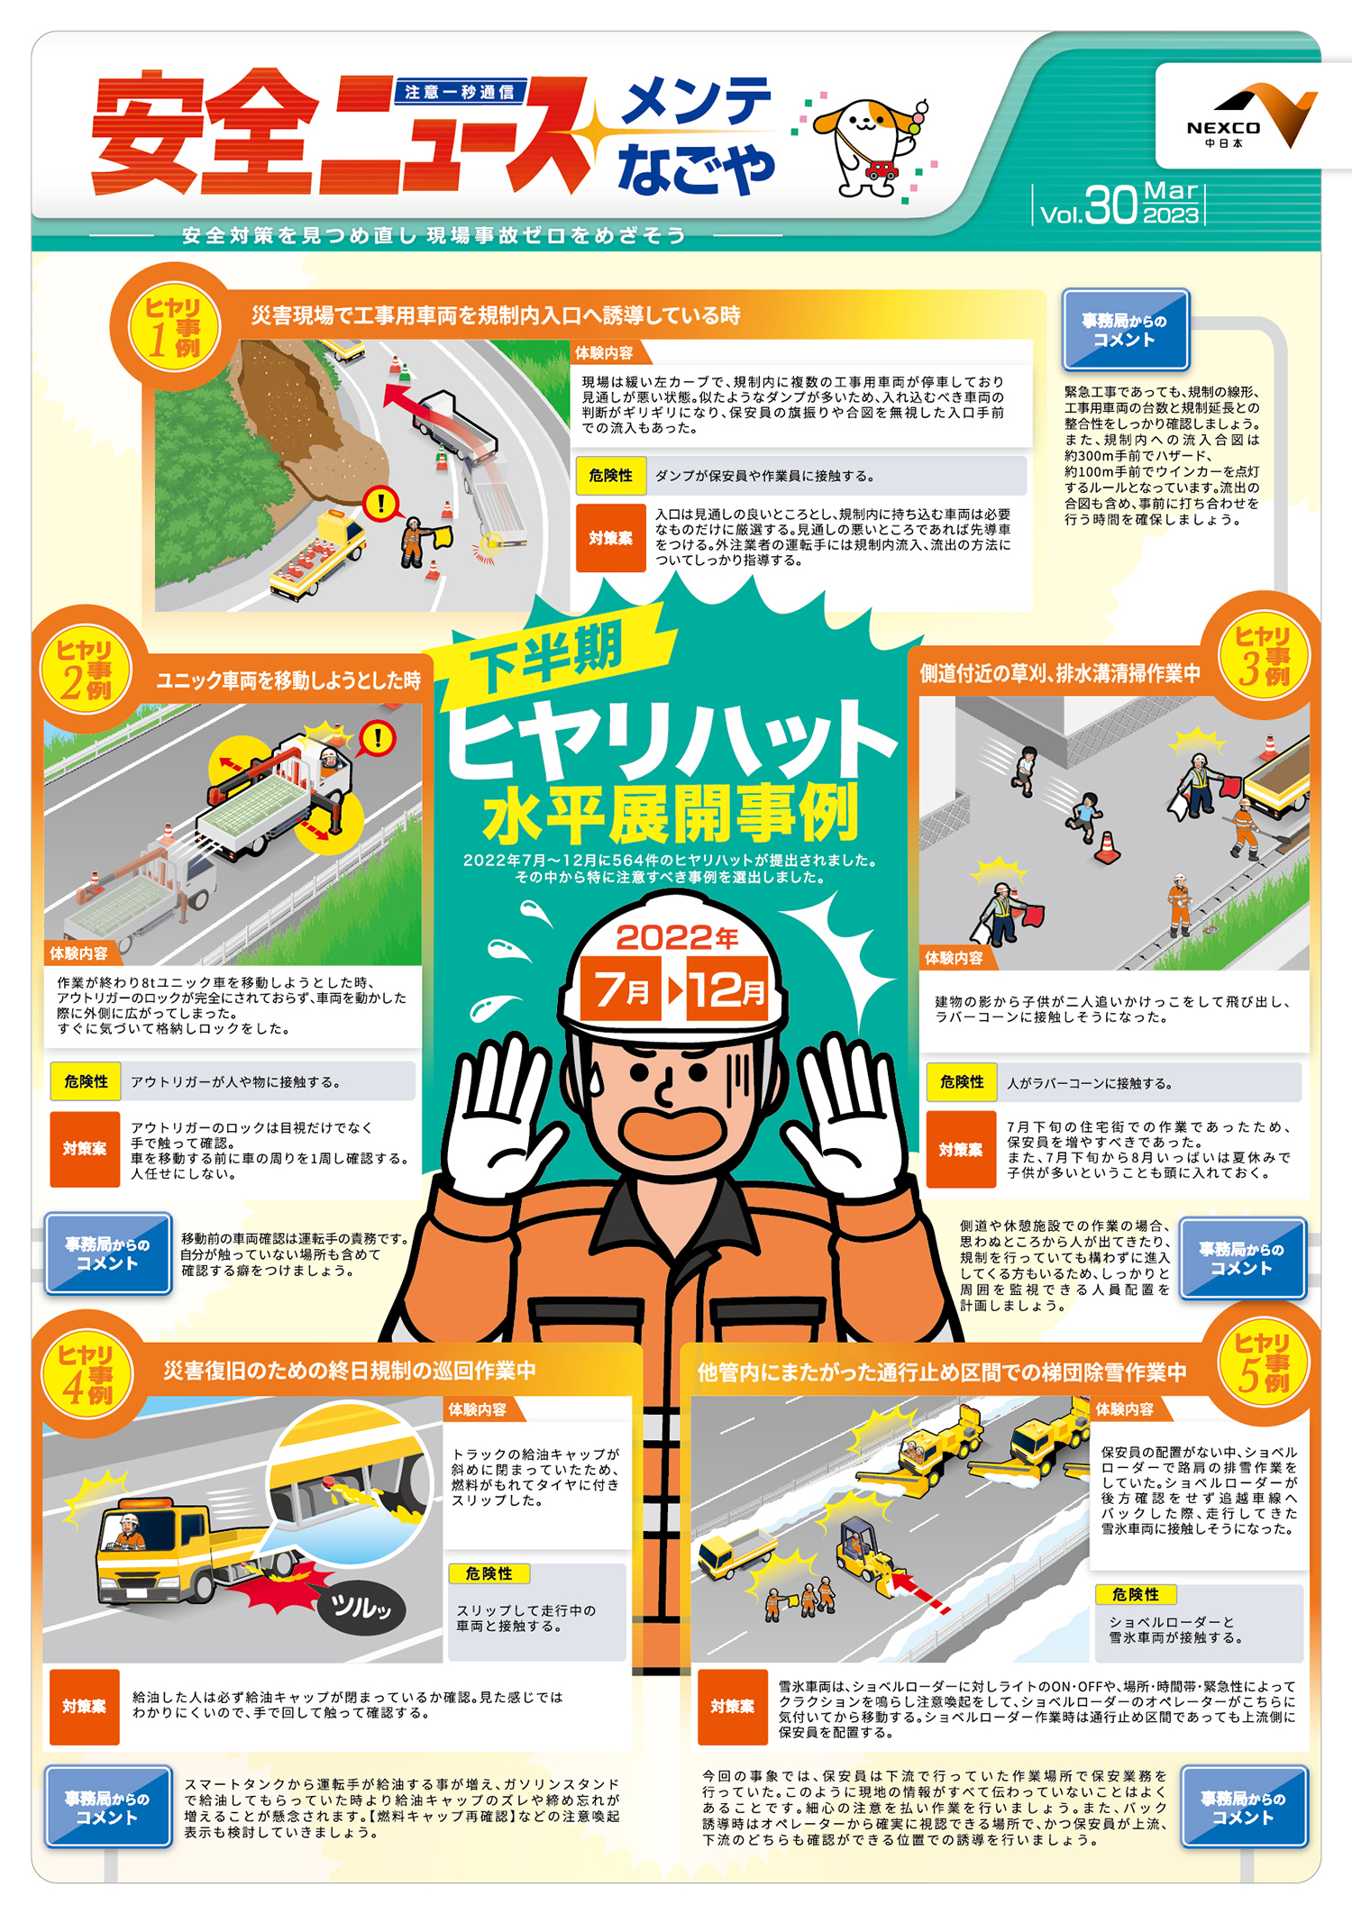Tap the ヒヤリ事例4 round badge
coord(87,1373)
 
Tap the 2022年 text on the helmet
coord(676,938)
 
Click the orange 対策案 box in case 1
coord(611,538)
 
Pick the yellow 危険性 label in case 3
coord(962,1081)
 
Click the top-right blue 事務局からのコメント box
coord(1126,330)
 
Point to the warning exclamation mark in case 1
coord(381,503)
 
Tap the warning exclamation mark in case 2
coord(378,739)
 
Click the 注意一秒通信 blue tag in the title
coord(460,91)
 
